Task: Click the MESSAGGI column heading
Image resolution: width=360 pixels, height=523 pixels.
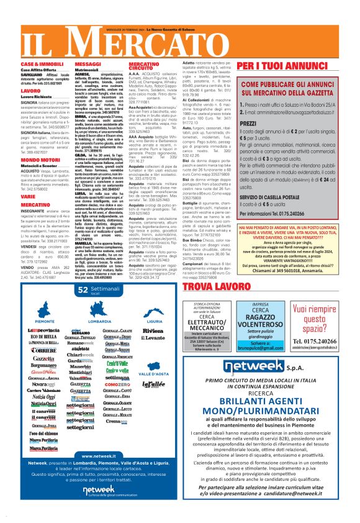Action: click(88, 64)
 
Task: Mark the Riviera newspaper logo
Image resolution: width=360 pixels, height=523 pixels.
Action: click(153, 332)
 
